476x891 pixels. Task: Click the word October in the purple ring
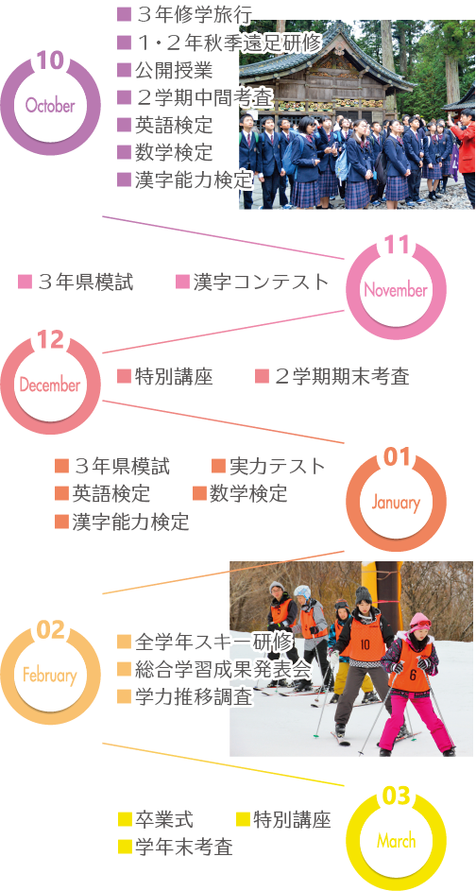tap(50, 105)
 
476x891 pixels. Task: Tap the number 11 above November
tap(396, 245)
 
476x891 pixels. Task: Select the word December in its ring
tap(50, 386)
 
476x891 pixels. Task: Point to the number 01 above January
tap(397, 458)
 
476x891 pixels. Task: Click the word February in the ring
tap(50, 676)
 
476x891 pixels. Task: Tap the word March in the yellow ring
tap(396, 841)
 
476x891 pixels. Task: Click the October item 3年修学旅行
tap(193, 15)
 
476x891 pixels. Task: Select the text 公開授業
tap(174, 70)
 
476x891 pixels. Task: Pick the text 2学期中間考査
tap(205, 97)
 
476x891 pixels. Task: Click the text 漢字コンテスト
tap(261, 282)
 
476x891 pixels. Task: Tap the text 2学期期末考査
tap(341, 377)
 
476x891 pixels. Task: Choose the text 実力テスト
tap(277, 467)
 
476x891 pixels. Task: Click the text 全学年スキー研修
tap(214, 643)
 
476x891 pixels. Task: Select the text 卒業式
tap(164, 819)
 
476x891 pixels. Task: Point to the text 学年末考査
tap(184, 848)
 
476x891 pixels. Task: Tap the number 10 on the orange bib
tap(365, 643)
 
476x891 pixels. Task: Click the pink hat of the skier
tap(419, 621)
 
